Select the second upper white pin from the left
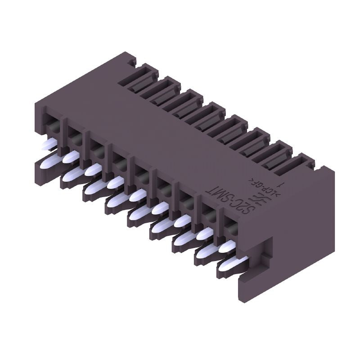click(71, 157)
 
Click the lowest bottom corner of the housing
click(238, 299)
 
